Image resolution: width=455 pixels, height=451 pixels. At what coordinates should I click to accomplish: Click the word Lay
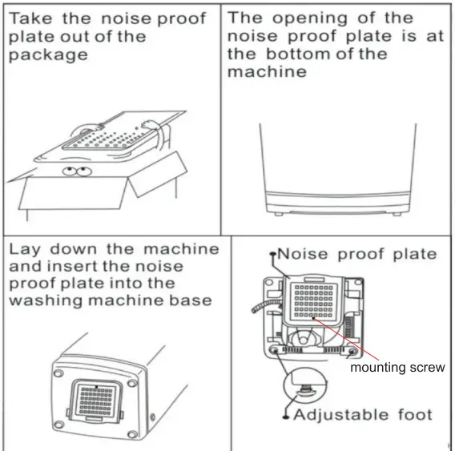pyautogui.click(x=26, y=249)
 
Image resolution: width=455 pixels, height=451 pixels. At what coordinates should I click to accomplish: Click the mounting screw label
pyautogui.click(x=397, y=368)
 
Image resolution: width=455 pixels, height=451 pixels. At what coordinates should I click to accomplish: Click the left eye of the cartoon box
pyautogui.click(x=70, y=170)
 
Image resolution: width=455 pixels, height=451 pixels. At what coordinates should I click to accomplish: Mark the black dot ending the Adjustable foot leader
pyautogui.click(x=285, y=416)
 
